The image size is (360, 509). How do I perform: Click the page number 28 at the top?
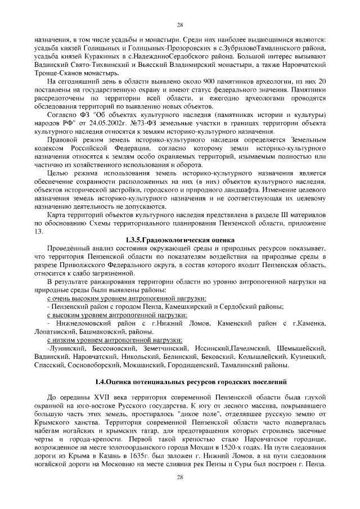pyautogui.click(x=180, y=25)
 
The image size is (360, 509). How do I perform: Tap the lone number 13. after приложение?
pyautogui.click(x=39, y=231)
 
